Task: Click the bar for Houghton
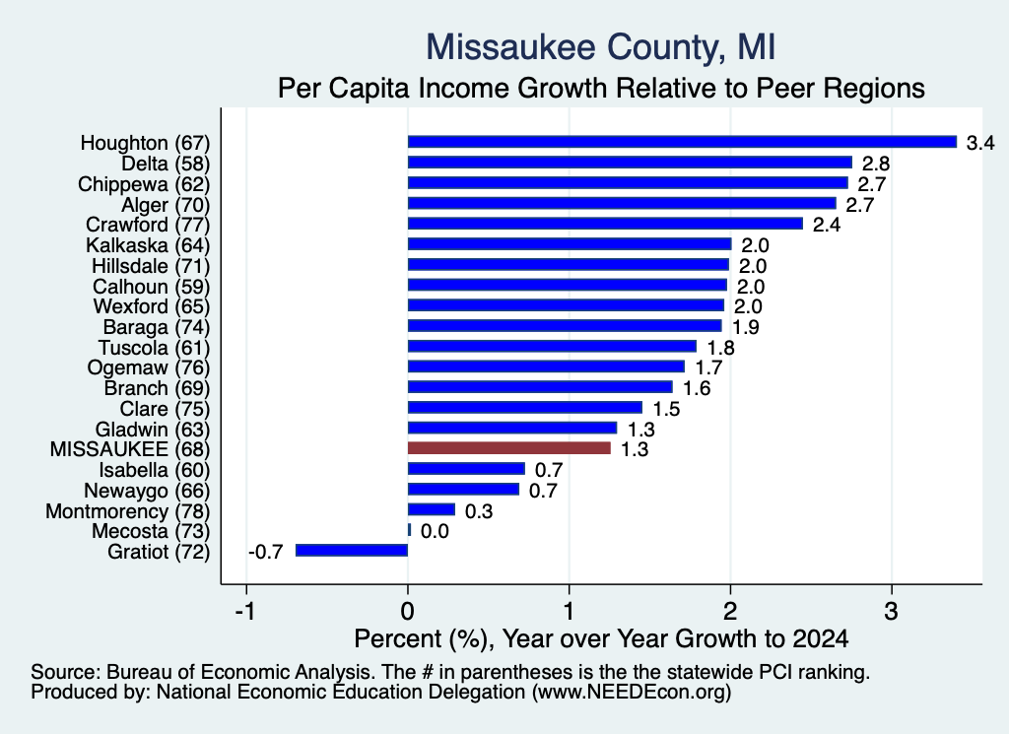pyautogui.click(x=682, y=142)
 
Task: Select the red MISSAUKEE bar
pyautogui.click(x=509, y=448)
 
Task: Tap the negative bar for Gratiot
pyautogui.click(x=352, y=551)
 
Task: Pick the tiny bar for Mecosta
pyautogui.click(x=409, y=530)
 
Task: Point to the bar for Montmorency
pyautogui.click(x=432, y=509)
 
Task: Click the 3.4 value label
pyautogui.click(x=980, y=143)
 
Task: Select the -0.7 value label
pyautogui.click(x=266, y=552)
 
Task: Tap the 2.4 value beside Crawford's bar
pyautogui.click(x=827, y=225)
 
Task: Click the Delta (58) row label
pyautogui.click(x=166, y=164)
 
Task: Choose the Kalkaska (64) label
pyautogui.click(x=148, y=245)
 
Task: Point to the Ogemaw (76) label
pyautogui.click(x=149, y=367)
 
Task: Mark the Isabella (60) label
pyautogui.click(x=155, y=470)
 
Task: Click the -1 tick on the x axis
pyautogui.click(x=245, y=611)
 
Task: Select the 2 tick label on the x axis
pyautogui.click(x=730, y=611)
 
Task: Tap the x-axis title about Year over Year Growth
pyautogui.click(x=601, y=638)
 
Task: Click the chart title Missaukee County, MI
pyautogui.click(x=601, y=47)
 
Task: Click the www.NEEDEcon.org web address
pyautogui.click(x=632, y=693)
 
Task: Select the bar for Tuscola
pyautogui.click(x=552, y=346)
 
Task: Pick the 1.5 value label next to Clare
pyautogui.click(x=666, y=409)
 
